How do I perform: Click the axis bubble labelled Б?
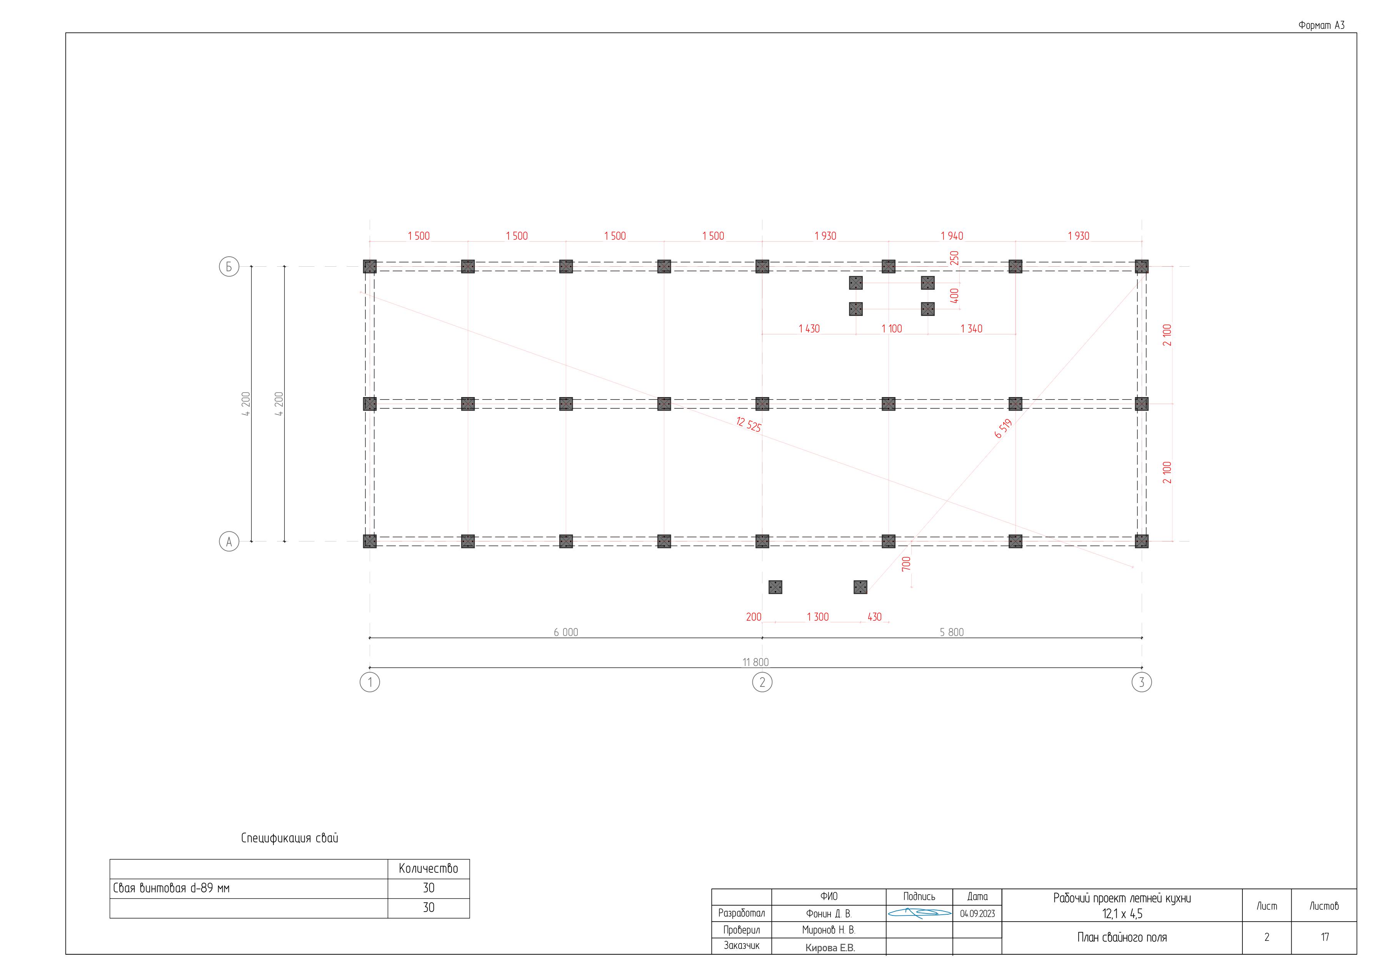click(228, 266)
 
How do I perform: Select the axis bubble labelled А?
click(228, 542)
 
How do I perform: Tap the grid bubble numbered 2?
click(762, 682)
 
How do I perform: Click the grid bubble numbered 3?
click(1141, 682)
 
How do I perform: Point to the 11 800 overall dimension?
click(755, 662)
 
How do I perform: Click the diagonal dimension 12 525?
click(749, 424)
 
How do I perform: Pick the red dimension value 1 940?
click(952, 236)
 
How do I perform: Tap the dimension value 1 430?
click(809, 329)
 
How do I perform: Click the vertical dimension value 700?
click(906, 563)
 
